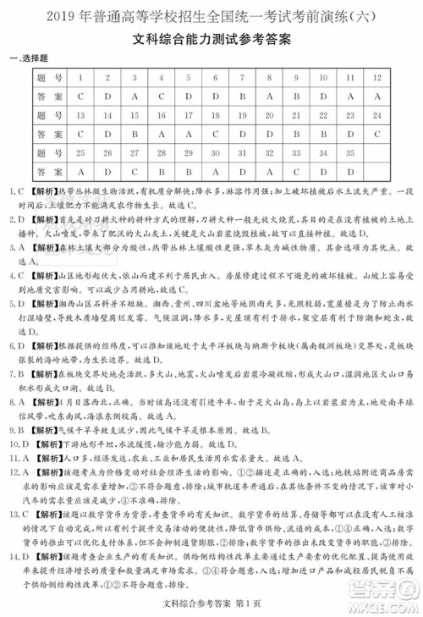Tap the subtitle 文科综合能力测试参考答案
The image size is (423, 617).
[211, 38]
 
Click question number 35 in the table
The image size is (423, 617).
[349, 153]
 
